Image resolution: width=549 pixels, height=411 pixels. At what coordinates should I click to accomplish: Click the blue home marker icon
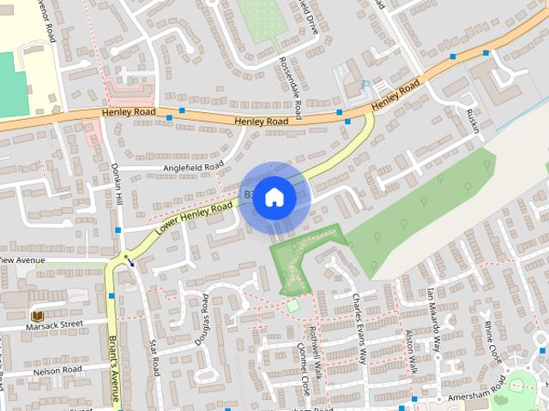(274, 198)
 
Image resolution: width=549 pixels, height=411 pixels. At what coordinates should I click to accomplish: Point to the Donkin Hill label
(118, 184)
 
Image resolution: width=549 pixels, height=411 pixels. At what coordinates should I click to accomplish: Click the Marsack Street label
(54, 325)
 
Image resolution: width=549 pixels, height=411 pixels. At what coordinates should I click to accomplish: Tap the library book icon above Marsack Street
(36, 315)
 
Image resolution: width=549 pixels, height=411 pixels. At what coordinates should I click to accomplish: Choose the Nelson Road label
(57, 371)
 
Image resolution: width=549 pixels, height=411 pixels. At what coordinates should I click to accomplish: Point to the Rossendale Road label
(292, 87)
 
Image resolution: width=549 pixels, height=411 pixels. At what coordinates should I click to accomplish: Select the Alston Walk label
(410, 352)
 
